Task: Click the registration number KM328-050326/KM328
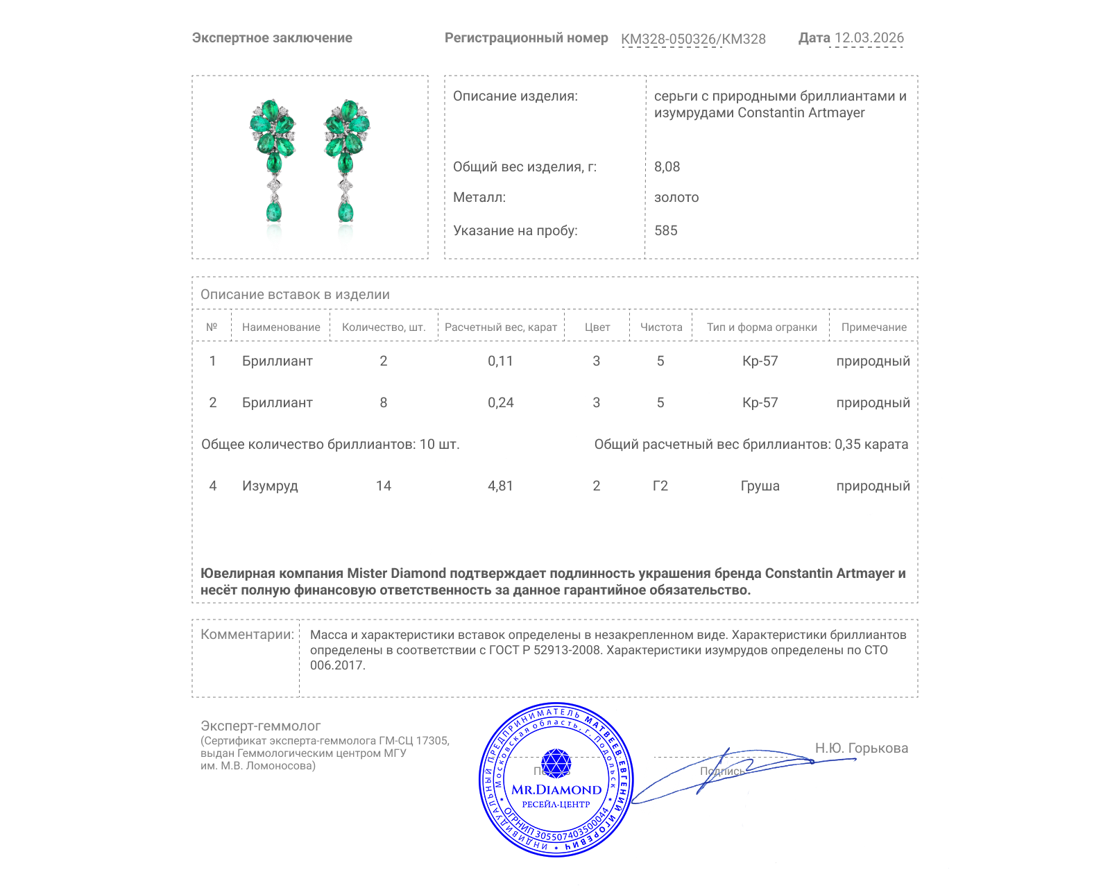pos(693,39)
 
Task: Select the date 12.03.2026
pos(869,38)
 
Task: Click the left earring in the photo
pos(273,160)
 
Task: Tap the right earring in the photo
pos(346,160)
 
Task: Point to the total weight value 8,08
pos(667,166)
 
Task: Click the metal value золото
pos(676,197)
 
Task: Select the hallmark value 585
pos(665,230)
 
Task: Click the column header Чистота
pos(660,327)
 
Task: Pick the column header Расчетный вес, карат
pos(500,327)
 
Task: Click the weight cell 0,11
pos(500,361)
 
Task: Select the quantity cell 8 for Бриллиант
pos(383,402)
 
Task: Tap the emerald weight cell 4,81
pos(500,486)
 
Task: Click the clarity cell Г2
pos(660,486)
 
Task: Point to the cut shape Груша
pos(760,486)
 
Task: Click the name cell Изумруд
pos(270,486)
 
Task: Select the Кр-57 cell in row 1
pos(760,361)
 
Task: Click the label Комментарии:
pos(247,634)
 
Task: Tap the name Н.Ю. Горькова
pos(861,748)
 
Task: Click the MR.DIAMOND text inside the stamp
pos(556,789)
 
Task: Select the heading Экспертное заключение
pos(272,38)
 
